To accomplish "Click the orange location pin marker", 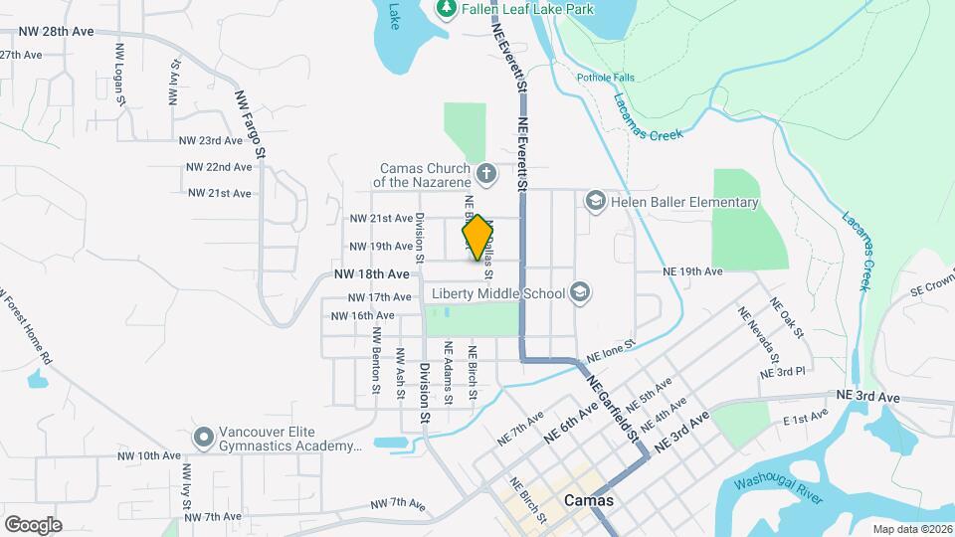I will click(x=477, y=238).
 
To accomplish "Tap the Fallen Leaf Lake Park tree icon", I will click(x=447, y=9).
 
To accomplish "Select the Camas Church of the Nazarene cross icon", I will click(x=486, y=175).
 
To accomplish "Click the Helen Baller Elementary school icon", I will click(x=595, y=202).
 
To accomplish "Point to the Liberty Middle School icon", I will click(x=580, y=292).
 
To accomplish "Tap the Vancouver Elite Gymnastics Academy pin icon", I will click(x=204, y=437).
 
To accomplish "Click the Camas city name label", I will click(x=588, y=501).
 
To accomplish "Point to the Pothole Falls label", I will click(x=603, y=78).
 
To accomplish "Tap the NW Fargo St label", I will click(x=250, y=125).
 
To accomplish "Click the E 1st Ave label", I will click(x=806, y=421).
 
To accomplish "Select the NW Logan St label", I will click(x=120, y=75).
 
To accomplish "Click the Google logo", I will click(x=33, y=524).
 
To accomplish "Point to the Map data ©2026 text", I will click(x=912, y=529).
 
